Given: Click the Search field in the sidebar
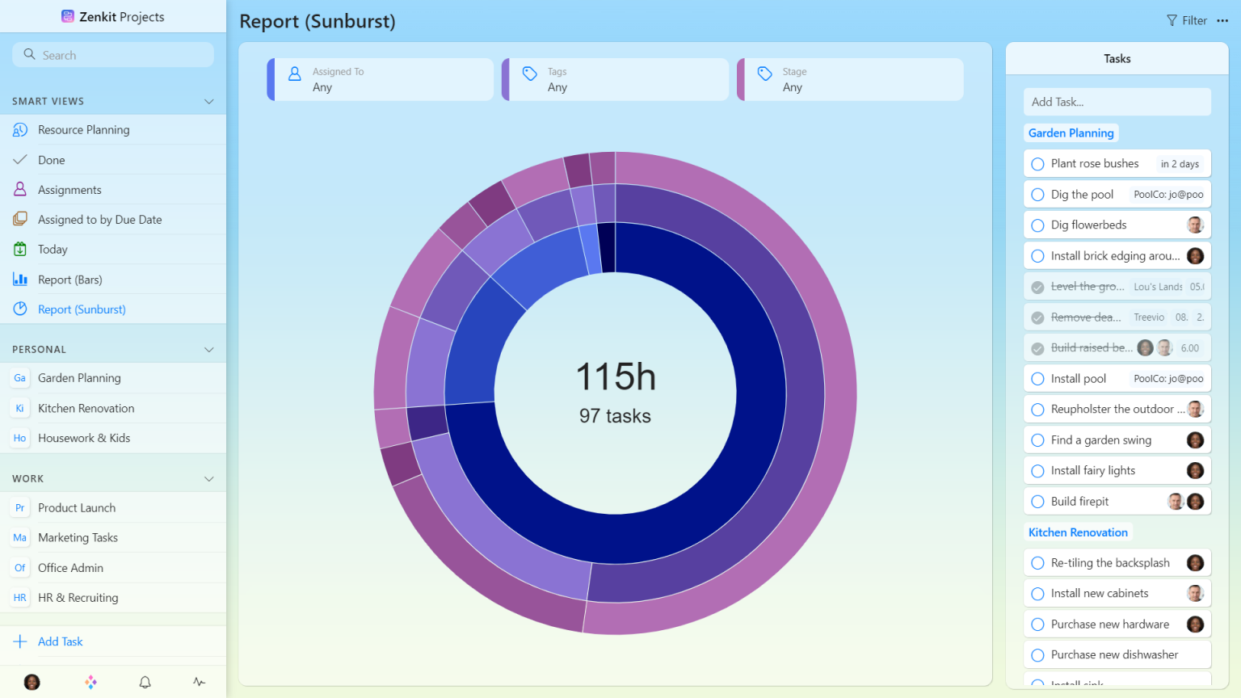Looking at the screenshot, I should [113, 55].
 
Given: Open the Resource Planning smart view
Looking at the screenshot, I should [83, 130].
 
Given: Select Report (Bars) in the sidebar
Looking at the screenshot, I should [69, 280].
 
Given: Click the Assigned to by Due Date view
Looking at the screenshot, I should [99, 220].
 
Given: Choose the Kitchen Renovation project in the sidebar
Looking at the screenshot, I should [86, 409].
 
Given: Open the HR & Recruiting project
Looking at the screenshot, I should [78, 598].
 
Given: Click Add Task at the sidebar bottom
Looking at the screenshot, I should [60, 641].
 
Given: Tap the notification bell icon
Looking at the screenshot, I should [145, 683].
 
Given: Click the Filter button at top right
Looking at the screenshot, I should [1187, 21].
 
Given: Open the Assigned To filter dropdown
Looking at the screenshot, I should [381, 79].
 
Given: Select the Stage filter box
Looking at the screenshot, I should [851, 79].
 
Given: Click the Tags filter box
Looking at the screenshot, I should [616, 79].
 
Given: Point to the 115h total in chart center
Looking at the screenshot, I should [616, 377].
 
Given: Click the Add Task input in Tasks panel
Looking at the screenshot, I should [1117, 102].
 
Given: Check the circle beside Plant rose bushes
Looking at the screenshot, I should [1038, 164].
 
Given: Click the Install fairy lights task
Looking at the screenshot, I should [1092, 471].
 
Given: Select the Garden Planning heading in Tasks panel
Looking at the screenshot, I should [1071, 133].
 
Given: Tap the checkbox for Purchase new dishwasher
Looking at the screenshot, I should [1038, 655].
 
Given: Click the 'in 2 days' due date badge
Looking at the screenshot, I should [1180, 164].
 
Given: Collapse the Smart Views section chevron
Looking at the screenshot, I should [209, 102].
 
